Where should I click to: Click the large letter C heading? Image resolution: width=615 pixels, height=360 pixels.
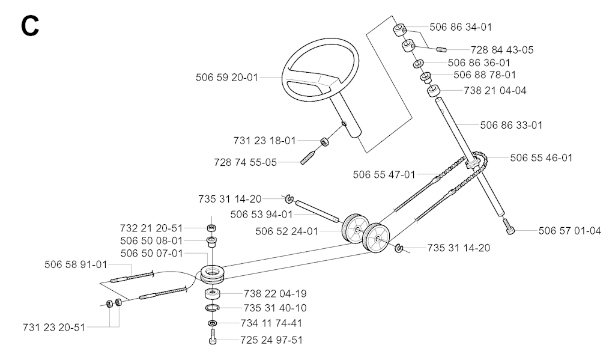pyautogui.click(x=30, y=26)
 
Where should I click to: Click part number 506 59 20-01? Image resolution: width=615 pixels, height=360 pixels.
pyautogui.click(x=226, y=78)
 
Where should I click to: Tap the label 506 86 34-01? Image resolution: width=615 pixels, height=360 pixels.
pyautogui.click(x=461, y=27)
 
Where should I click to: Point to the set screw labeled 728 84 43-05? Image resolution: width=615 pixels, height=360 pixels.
pyautogui.click(x=441, y=49)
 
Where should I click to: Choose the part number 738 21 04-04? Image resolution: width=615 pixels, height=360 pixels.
pyautogui.click(x=495, y=91)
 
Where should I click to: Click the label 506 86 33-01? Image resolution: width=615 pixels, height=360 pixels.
pyautogui.click(x=512, y=125)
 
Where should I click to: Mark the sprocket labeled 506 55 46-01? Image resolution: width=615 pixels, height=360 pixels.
pyautogui.click(x=473, y=161)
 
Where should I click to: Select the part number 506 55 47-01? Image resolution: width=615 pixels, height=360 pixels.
pyautogui.click(x=384, y=175)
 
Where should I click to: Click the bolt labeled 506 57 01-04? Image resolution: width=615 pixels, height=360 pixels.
pyautogui.click(x=509, y=227)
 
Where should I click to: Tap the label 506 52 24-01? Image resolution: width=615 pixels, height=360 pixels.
pyautogui.click(x=286, y=231)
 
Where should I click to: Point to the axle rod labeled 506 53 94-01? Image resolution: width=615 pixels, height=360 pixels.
pyautogui.click(x=317, y=211)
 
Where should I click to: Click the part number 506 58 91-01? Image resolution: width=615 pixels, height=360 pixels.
pyautogui.click(x=76, y=264)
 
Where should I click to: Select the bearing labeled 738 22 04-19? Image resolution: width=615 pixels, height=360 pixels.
pyautogui.click(x=212, y=294)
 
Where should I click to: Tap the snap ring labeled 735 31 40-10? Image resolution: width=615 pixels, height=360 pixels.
pyautogui.click(x=212, y=308)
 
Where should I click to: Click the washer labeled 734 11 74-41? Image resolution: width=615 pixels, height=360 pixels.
pyautogui.click(x=212, y=323)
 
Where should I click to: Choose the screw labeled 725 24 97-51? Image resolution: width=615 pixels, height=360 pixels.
pyautogui.click(x=212, y=337)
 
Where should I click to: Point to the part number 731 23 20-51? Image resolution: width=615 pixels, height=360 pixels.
pyautogui.click(x=54, y=328)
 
